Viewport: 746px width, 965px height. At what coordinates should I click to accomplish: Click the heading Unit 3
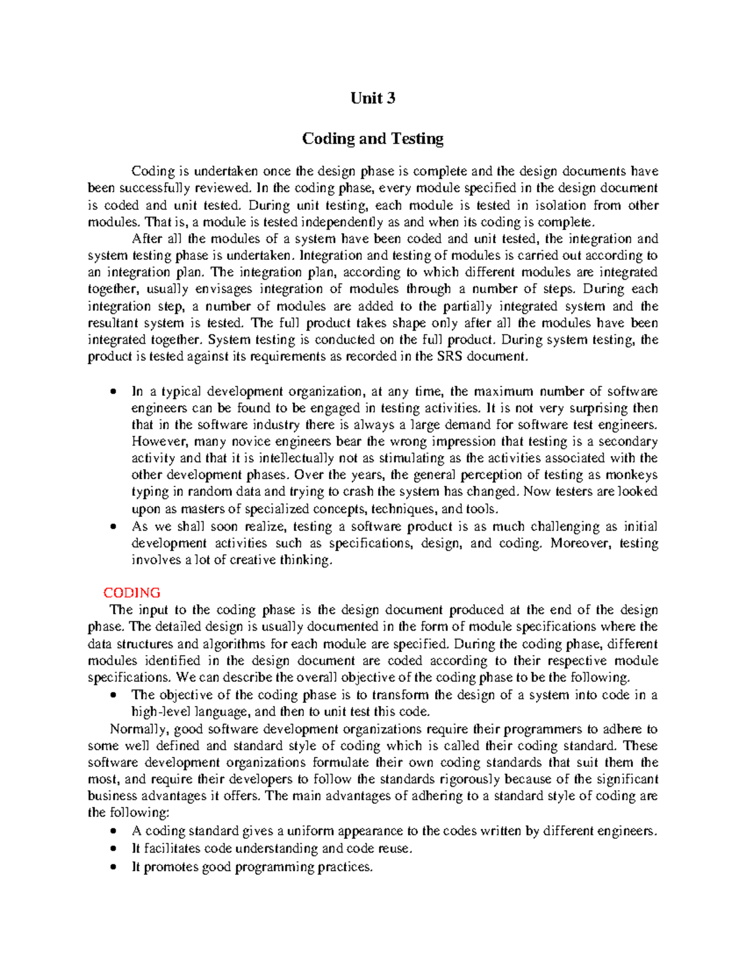(372, 98)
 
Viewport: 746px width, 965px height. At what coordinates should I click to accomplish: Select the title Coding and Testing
(372, 138)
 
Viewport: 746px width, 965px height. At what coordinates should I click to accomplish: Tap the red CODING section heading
(132, 592)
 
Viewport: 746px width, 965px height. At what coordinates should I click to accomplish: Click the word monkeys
(632, 475)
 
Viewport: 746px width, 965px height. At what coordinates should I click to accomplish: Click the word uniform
(311, 831)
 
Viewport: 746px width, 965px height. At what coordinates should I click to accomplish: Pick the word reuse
(395, 848)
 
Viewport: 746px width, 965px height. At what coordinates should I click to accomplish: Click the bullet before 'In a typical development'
(113, 391)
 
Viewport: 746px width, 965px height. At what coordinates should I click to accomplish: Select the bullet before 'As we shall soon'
(113, 526)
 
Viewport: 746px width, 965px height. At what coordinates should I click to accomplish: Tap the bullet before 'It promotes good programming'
(113, 867)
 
